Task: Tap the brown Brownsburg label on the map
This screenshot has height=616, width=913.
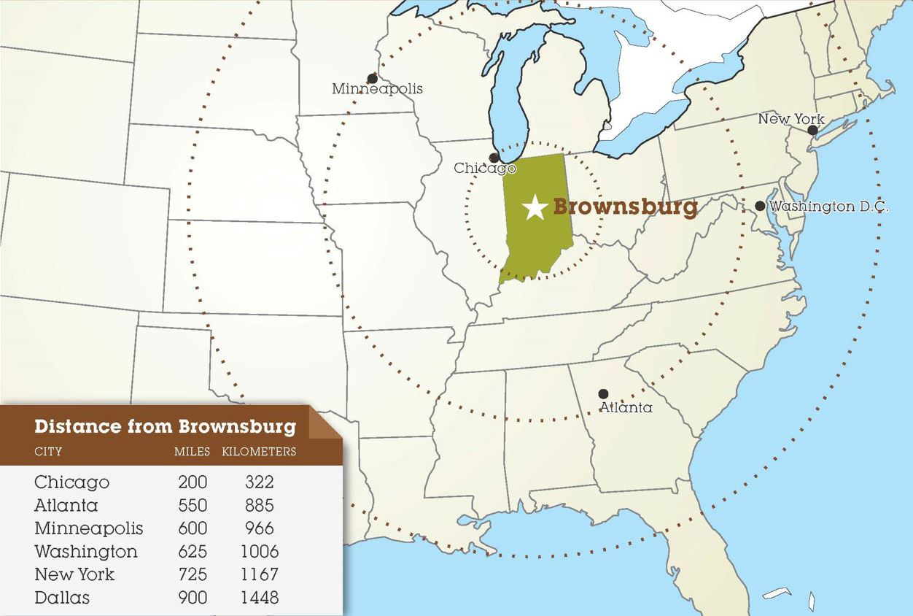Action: [x=625, y=207]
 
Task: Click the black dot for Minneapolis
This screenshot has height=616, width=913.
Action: [x=372, y=78]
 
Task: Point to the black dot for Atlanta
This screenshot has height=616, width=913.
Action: [x=603, y=394]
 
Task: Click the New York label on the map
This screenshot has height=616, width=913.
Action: [x=790, y=119]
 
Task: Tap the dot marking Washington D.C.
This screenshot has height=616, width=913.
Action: [x=760, y=207]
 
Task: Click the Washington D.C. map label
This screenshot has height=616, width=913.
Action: [x=828, y=207]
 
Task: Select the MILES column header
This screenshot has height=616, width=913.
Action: [x=192, y=452]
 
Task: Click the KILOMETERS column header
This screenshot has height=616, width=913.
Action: [x=259, y=452]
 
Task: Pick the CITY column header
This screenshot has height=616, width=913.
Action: [x=48, y=452]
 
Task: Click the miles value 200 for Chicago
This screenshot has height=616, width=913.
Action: [x=193, y=482]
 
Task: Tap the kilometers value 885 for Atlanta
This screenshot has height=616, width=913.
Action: [x=259, y=505]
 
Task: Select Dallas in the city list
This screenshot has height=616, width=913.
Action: [x=62, y=598]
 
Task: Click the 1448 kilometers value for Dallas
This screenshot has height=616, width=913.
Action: [x=259, y=598]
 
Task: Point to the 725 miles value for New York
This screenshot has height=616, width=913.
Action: [x=193, y=574]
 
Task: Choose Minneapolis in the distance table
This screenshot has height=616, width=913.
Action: [x=88, y=528]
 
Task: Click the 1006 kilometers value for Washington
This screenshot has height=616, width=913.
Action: [x=259, y=551]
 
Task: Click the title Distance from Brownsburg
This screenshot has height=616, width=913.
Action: [x=165, y=426]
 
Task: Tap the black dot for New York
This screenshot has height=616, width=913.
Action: [x=812, y=131]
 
